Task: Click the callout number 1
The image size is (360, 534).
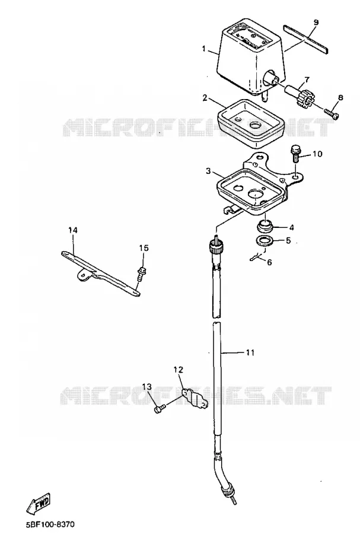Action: pos(204,49)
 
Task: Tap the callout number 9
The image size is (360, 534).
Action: pos(316,23)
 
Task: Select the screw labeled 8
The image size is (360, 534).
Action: pos(332,114)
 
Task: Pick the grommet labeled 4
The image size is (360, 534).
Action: pos(266,226)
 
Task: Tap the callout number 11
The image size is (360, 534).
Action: pos(250,353)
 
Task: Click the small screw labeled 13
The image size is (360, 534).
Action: pos(160,409)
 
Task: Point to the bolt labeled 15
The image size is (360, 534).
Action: pos(141,274)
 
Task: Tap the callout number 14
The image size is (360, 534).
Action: pos(73,230)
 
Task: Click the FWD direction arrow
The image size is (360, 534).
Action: pos(40,503)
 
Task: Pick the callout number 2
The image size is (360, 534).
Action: pos(205,98)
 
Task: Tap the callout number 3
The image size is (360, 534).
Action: pos(208,171)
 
